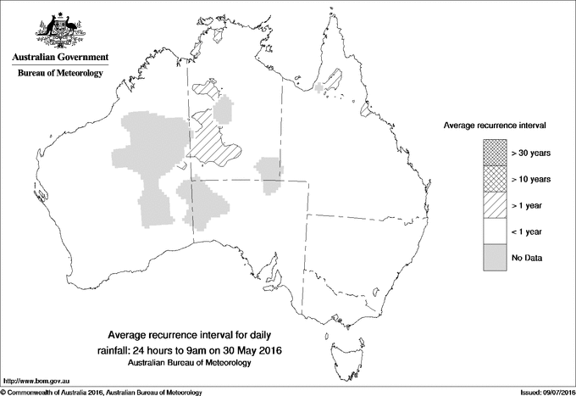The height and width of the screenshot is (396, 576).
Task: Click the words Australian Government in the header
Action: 59,58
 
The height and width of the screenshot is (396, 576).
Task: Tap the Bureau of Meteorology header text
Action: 59,74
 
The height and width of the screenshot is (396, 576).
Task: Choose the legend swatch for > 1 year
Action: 495,204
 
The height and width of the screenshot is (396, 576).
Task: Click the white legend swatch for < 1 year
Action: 495,231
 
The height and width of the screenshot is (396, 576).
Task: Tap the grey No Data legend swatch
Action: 495,257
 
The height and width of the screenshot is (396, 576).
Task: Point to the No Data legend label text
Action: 526,258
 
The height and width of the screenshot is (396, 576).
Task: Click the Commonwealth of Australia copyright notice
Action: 102,392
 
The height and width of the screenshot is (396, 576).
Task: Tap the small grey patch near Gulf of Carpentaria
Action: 319,87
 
